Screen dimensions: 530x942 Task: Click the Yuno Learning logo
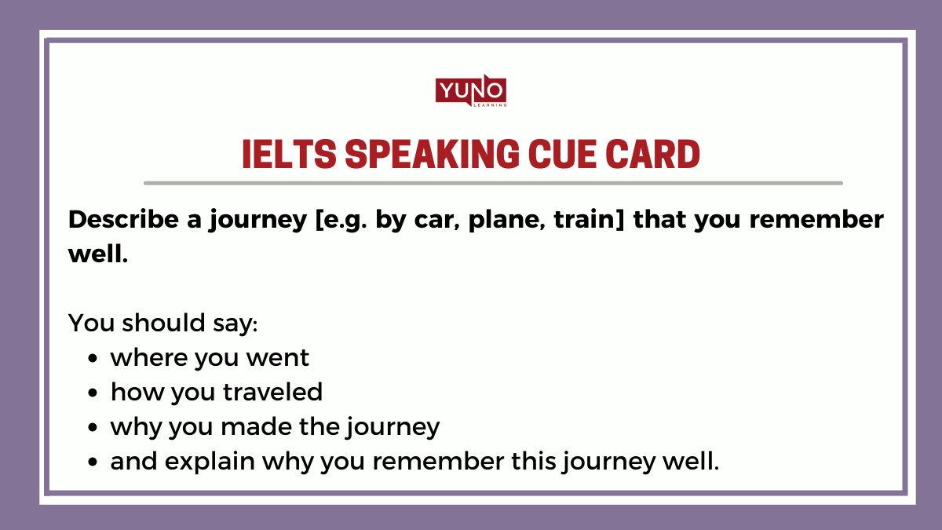[471, 91]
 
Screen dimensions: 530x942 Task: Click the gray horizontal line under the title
[493, 183]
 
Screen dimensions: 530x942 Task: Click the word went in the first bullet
[278, 358]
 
